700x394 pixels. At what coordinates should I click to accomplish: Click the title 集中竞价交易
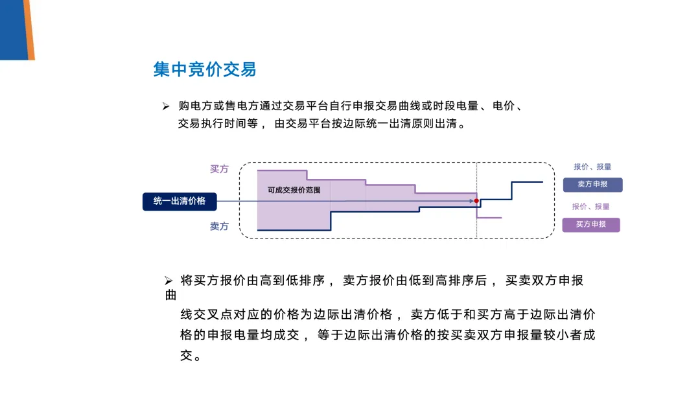(204, 69)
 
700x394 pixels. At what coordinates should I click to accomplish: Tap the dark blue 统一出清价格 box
(180, 202)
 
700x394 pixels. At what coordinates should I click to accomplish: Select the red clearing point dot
(476, 201)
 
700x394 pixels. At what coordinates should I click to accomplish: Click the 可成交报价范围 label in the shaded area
(294, 190)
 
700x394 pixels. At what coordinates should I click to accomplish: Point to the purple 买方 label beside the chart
(219, 169)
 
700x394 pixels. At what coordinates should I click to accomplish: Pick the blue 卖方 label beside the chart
(219, 226)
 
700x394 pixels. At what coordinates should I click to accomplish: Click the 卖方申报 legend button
(592, 184)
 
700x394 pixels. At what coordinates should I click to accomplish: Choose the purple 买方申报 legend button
(590, 224)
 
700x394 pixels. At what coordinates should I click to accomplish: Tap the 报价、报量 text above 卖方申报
(592, 167)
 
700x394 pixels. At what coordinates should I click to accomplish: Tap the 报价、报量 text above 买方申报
(590, 207)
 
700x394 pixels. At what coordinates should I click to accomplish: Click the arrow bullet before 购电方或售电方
(166, 106)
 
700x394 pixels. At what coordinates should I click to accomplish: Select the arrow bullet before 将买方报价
(169, 281)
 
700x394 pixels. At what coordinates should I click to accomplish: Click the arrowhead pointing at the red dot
(471, 201)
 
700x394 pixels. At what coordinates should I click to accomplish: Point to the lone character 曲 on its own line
(171, 295)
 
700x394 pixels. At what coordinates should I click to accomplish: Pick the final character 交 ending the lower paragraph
(186, 356)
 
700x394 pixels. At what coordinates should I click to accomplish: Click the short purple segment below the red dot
(489, 218)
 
